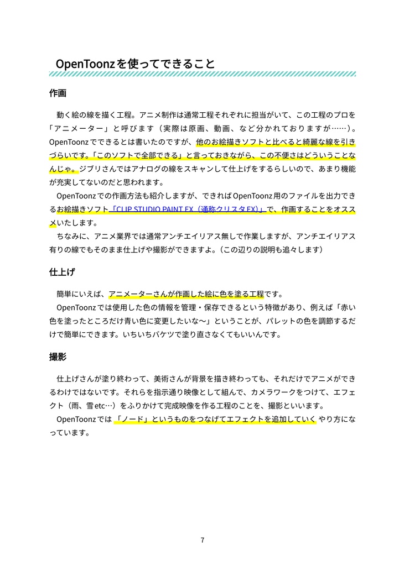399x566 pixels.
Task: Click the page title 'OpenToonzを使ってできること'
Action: (136, 64)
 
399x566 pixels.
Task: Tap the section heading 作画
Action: (58, 93)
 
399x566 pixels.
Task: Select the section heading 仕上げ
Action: (62, 272)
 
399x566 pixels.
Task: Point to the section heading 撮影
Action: (58, 357)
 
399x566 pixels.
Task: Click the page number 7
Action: (203, 540)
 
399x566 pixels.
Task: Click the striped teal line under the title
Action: (203, 74)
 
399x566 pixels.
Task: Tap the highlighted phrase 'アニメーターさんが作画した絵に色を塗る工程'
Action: (185, 294)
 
